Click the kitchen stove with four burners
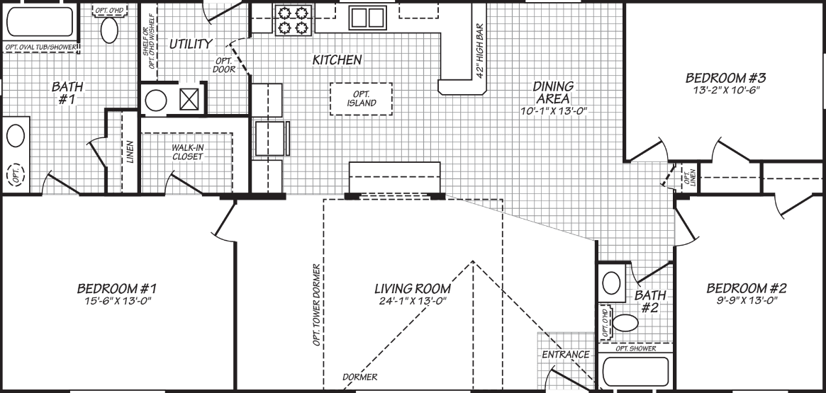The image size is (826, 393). tap(294, 19)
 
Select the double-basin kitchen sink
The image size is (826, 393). tap(366, 17)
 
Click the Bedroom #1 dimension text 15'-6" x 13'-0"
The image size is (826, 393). tap(116, 302)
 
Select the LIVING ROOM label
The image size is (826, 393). tap(413, 289)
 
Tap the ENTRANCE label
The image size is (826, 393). tap(565, 354)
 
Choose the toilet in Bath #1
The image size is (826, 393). tap(110, 30)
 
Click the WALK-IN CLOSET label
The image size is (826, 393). tap(187, 152)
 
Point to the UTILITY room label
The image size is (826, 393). tap(190, 44)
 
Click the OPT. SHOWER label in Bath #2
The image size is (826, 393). tap(635, 348)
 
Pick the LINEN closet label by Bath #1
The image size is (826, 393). tap(130, 152)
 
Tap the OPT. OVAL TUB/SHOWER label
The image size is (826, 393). tap(40, 47)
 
